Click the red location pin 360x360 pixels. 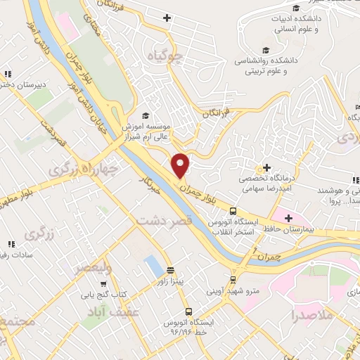tap(181, 165)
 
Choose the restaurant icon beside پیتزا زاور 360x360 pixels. tap(170, 270)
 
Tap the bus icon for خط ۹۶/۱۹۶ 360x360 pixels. tap(188, 311)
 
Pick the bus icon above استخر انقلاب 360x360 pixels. tap(232, 210)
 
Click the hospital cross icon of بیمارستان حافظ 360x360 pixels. tap(288, 218)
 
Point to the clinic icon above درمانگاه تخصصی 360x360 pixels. tap(266, 168)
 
